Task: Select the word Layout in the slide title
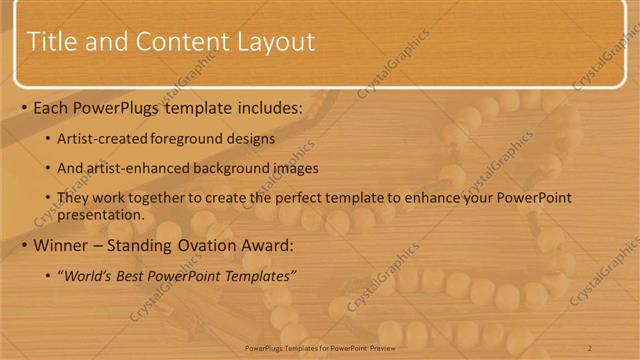click(x=276, y=42)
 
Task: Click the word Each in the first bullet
click(x=52, y=107)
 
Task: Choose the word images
click(x=290, y=168)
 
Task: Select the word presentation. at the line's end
click(x=104, y=214)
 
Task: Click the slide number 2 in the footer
click(x=589, y=347)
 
